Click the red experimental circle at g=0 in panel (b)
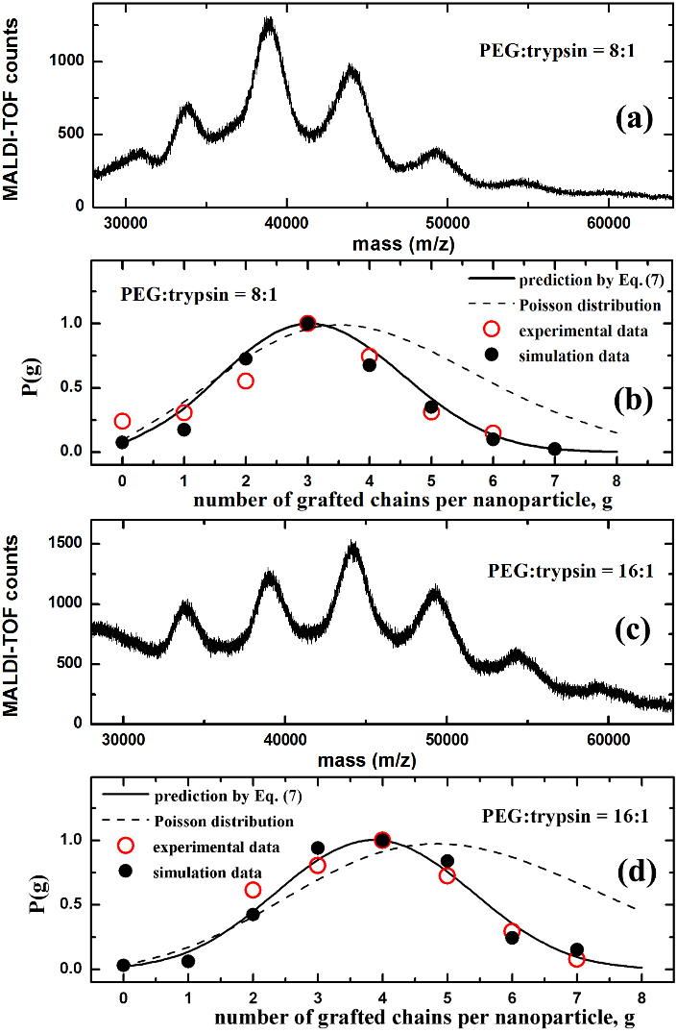tap(122, 421)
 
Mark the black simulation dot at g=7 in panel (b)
tap(554, 449)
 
